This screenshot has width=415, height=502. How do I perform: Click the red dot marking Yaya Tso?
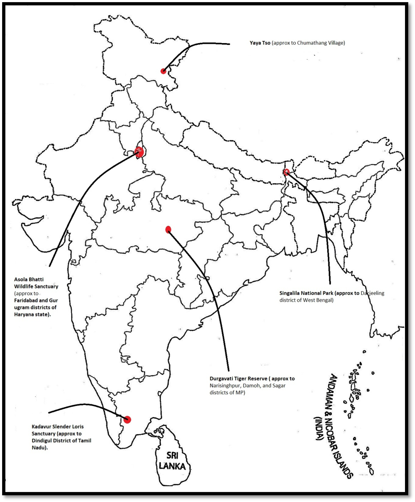click(163, 71)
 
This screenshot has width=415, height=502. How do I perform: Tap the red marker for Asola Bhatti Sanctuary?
click(139, 152)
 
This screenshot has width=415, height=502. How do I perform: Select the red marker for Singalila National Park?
click(286, 172)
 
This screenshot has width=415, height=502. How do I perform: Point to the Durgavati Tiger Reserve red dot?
click(168, 229)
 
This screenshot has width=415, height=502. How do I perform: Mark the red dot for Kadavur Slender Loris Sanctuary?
click(127, 419)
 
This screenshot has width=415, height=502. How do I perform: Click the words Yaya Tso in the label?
click(260, 43)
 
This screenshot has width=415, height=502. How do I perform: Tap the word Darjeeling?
click(372, 293)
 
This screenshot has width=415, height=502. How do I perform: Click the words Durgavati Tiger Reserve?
click(238, 379)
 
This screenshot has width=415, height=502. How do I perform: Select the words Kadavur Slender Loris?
click(58, 427)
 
